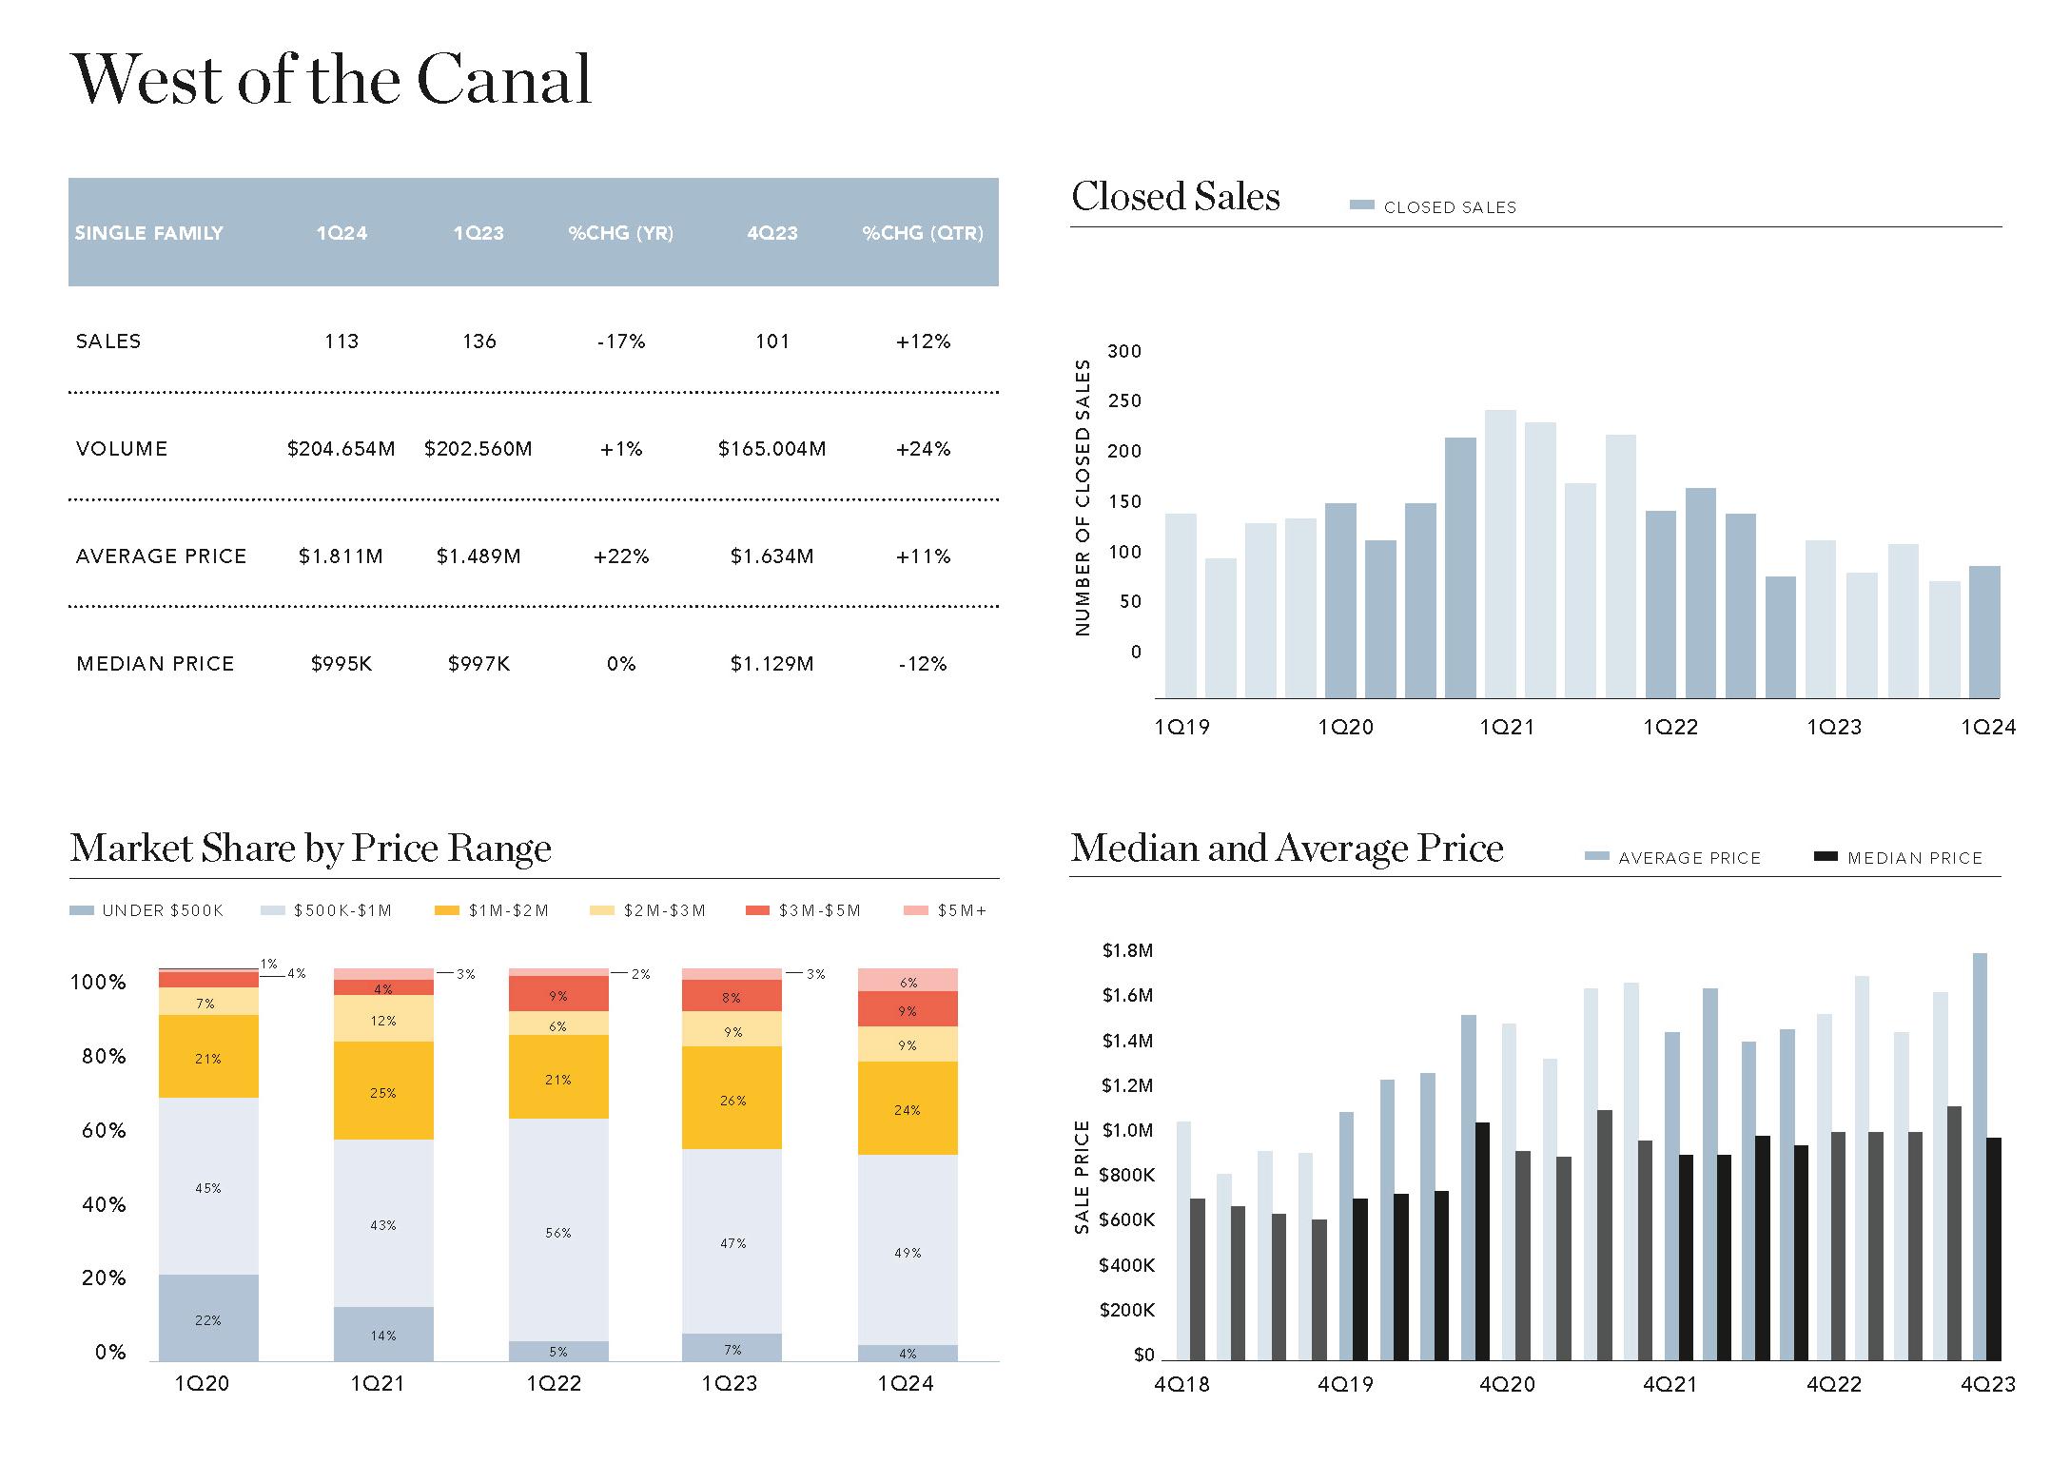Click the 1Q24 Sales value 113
(x=341, y=341)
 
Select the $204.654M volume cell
(x=341, y=449)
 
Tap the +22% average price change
(x=621, y=556)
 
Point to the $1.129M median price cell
(x=771, y=664)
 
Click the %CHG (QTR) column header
(x=923, y=233)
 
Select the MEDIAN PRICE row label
(x=155, y=664)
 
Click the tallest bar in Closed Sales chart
(x=1500, y=554)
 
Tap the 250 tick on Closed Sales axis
(x=1124, y=401)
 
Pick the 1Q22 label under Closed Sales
(x=1670, y=728)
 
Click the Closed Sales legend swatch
(x=1362, y=206)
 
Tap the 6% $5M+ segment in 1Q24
(x=908, y=981)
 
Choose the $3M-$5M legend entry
(x=804, y=910)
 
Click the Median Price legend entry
(x=1899, y=858)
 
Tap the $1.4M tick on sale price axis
(x=1127, y=1041)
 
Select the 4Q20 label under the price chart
(x=1507, y=1385)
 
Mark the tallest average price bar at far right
(x=1980, y=1156)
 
